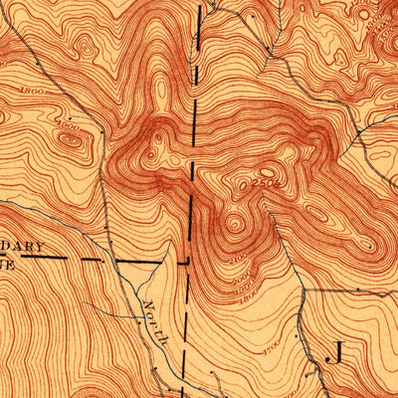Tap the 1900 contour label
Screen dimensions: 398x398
[x=69, y=123]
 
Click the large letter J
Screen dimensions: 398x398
[x=335, y=352]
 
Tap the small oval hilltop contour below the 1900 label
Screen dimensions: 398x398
[x=71, y=140]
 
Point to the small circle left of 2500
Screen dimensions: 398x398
[x=230, y=183]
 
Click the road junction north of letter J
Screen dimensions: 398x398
[x=301, y=290]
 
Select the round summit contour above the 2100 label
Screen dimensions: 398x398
[x=235, y=223]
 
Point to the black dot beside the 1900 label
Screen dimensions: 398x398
[x=101, y=128]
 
